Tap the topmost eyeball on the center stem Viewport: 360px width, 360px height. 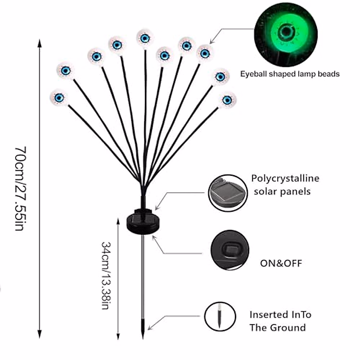(145, 38)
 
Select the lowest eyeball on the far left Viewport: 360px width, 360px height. (59, 97)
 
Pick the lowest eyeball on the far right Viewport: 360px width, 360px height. (227, 100)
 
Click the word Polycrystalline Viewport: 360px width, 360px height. (285, 178)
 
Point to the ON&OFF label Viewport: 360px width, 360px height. (281, 263)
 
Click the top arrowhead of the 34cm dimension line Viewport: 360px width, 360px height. (118, 220)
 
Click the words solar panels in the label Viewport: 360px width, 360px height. (282, 191)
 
